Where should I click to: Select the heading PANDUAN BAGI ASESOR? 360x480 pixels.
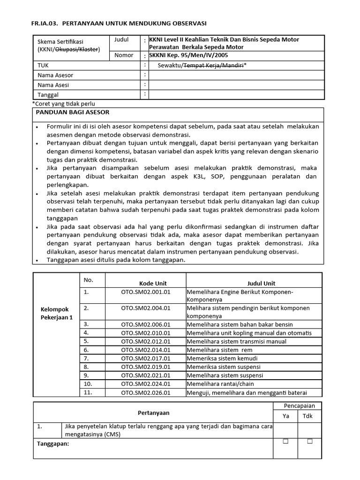click(73, 112)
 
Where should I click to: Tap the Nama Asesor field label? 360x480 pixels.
click(55, 75)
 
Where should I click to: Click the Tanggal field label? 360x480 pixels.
click(48, 95)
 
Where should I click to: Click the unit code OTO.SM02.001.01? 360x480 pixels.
click(146, 292)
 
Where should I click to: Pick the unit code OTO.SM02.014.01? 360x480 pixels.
click(146, 350)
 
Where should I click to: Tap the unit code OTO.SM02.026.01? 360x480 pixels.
click(146, 393)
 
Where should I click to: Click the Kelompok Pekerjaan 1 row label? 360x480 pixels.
click(56, 314)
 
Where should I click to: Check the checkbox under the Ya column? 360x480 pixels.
click(285, 442)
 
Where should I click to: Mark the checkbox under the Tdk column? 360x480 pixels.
click(309, 442)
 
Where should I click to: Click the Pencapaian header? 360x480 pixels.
click(300, 405)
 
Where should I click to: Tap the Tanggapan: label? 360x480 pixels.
click(53, 443)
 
